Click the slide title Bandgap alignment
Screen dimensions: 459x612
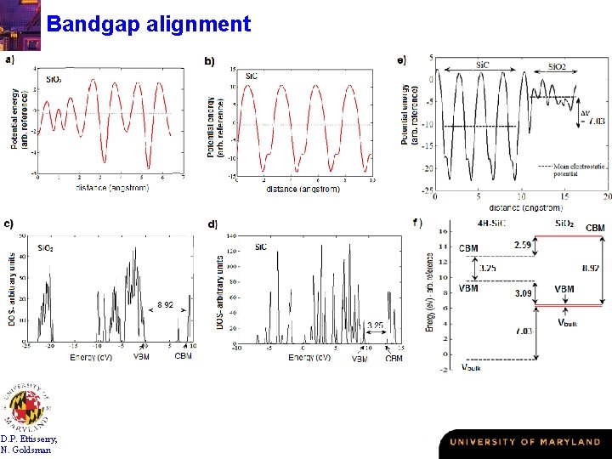pos(149,23)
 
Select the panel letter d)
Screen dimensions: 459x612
pos(212,224)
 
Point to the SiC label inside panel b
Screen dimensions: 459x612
pos(252,76)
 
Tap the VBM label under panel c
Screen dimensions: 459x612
pos(143,355)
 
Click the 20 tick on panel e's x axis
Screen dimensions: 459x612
pos(605,197)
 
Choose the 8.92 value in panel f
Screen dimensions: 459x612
pos(590,268)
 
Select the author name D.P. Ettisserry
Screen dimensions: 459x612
pos(30,439)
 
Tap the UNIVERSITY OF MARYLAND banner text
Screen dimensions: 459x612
pos(524,442)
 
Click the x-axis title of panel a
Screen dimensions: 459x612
pos(112,187)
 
